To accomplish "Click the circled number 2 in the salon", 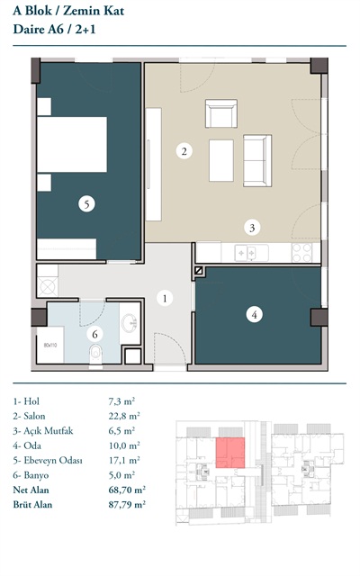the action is (x=184, y=150).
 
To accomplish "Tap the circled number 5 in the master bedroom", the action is (x=86, y=204).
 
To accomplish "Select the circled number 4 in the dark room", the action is (x=254, y=314).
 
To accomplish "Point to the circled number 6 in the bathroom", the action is (x=94, y=334).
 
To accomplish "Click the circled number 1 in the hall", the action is (x=165, y=298).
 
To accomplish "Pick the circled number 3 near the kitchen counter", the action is (x=252, y=228).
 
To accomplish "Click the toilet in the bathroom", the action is (x=95, y=354).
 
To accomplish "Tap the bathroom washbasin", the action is (x=130, y=323).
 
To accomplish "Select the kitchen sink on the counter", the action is (x=246, y=253).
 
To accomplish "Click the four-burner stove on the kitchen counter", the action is (x=302, y=253).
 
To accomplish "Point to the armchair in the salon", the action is (x=221, y=113).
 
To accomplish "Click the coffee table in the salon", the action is (x=221, y=160).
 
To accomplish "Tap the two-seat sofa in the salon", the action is (x=257, y=160).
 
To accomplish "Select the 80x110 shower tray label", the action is (x=50, y=345).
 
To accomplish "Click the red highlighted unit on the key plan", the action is (x=230, y=453).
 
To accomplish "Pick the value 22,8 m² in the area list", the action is (x=124, y=416).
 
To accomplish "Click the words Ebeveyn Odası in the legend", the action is (x=53, y=460).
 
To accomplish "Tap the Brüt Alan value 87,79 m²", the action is (x=127, y=504).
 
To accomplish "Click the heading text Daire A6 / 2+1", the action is (x=54, y=29).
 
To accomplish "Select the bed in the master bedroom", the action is (x=72, y=144).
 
